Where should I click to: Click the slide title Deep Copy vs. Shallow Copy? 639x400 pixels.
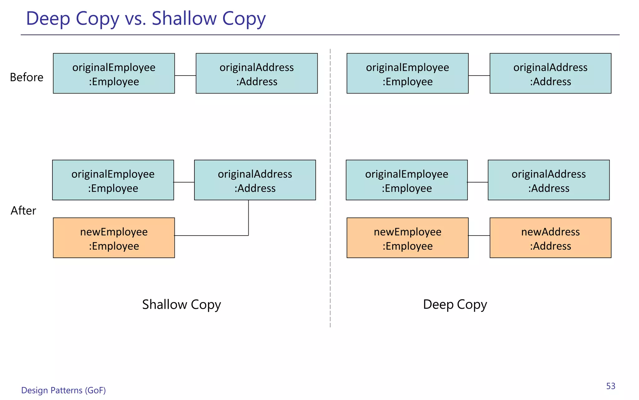146,19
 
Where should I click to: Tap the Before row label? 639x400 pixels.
27,77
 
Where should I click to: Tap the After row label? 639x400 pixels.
23,211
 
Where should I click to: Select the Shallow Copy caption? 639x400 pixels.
181,304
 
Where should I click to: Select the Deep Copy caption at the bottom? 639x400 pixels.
455,304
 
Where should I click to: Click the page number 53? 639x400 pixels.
611,386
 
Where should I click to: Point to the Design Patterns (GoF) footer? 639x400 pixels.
63,390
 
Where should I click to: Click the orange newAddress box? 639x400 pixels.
550,238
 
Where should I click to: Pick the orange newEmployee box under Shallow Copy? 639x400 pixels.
114,238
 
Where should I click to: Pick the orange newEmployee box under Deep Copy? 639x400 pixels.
407,238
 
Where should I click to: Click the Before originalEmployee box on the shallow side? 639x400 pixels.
114,73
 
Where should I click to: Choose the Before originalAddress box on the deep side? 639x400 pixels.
550,73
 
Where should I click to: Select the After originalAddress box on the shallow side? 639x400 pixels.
255,180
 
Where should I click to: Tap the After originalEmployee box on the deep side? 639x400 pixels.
407,180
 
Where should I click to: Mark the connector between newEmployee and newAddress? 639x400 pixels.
479,236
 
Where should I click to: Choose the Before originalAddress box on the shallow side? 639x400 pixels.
256,73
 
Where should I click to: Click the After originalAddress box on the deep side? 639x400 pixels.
549,180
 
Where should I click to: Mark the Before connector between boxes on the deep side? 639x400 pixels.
479,76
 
